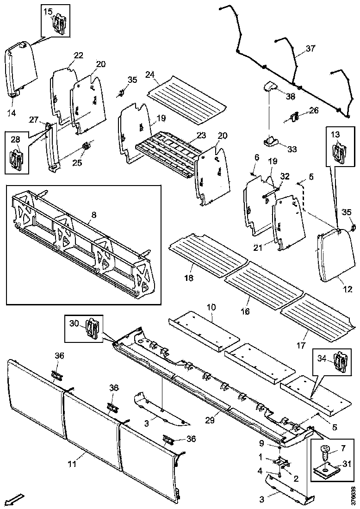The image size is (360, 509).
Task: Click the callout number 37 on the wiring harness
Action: click(310, 49)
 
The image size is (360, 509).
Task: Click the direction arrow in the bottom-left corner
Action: click(16, 499)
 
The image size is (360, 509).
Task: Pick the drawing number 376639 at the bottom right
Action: click(354, 495)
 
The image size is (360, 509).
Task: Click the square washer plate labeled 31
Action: click(328, 471)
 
